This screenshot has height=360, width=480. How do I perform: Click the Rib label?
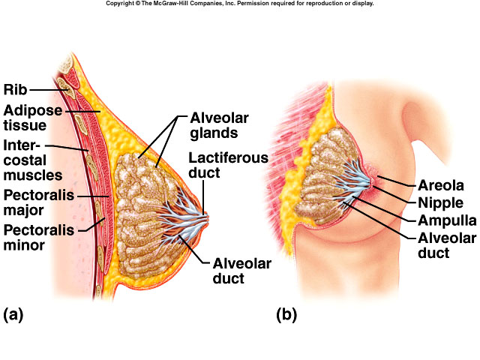15,90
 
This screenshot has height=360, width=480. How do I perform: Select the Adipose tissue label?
26,118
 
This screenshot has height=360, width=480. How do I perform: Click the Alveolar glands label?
219,126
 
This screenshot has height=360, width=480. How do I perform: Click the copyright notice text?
240,4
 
